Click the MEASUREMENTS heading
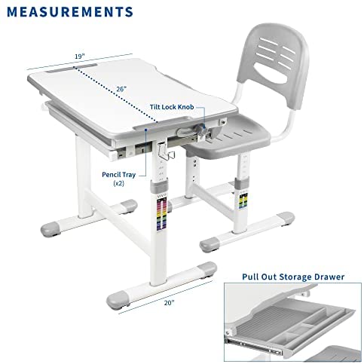point(70,12)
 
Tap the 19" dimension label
point(80,56)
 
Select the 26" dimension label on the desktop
point(121,89)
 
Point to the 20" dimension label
point(169,303)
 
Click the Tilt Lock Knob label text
point(172,107)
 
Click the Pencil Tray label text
point(118,175)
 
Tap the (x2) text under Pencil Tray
point(118,183)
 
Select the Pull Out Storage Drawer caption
point(293,277)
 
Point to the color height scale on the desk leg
point(161,213)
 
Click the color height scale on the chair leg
point(243,200)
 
